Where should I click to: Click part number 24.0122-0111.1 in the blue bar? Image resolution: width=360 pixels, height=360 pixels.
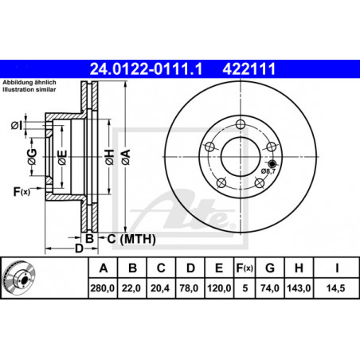point(146,69)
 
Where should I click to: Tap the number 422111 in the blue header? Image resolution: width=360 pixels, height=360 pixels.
point(249,69)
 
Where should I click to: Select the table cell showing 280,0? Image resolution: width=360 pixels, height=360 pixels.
point(103,288)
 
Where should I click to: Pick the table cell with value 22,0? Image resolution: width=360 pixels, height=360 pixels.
point(131,288)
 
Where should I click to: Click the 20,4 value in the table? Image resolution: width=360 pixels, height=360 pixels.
point(160,288)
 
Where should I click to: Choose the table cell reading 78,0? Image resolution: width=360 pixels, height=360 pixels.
point(189,288)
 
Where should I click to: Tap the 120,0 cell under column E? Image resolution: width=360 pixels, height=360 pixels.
point(219,288)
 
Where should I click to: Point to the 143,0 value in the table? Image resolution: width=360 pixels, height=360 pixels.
point(299,288)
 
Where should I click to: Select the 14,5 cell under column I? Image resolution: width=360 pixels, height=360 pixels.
point(336,288)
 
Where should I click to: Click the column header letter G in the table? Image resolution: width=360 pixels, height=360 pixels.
point(270,268)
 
